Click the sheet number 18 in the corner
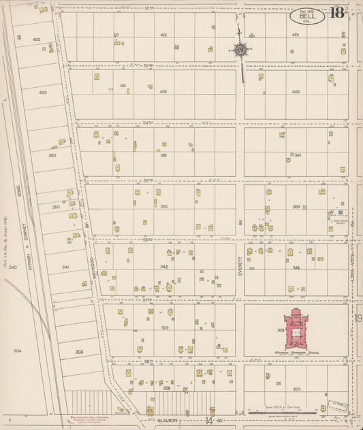tap(336, 13)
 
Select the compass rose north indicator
tap(240, 49)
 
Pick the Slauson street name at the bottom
tap(168, 420)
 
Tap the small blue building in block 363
tap(341, 212)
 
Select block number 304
tap(17, 350)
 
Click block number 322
tap(164, 328)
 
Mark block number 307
tap(296, 389)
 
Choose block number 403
tap(296, 91)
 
